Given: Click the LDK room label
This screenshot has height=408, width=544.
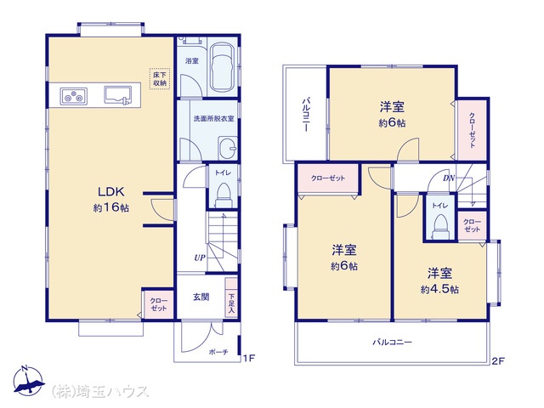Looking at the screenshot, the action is point(111,191).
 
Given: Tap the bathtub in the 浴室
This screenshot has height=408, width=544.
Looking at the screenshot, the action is point(223,67).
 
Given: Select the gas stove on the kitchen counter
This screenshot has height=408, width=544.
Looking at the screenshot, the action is point(74,96).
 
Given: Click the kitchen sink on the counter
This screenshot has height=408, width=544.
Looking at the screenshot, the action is point(118,94).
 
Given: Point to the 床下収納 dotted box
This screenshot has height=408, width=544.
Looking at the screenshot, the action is point(160,79).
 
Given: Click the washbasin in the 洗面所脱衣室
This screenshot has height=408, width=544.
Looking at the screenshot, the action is point(228,148).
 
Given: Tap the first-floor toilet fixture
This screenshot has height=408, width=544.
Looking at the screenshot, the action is point(223,195).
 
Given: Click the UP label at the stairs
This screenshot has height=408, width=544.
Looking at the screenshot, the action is point(200,258).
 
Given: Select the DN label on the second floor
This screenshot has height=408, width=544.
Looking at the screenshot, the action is point(449,178).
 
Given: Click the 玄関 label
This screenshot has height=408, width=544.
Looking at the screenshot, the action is point(201,297).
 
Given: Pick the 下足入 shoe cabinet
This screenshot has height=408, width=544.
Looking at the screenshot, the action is point(231,297).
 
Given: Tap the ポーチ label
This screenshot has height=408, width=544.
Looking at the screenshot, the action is point(218,352).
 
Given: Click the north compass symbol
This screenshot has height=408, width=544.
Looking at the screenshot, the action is point(28,380).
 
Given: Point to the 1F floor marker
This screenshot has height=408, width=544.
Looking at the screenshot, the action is point(249,358).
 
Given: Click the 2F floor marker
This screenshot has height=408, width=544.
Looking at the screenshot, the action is point(498,361).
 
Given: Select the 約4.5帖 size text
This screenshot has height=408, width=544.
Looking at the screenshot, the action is point(439,289).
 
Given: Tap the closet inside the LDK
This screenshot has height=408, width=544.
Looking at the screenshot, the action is point(158,304).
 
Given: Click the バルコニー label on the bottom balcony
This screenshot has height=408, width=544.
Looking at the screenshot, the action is point(393,343).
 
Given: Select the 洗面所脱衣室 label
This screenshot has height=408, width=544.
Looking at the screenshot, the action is point(213,119).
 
